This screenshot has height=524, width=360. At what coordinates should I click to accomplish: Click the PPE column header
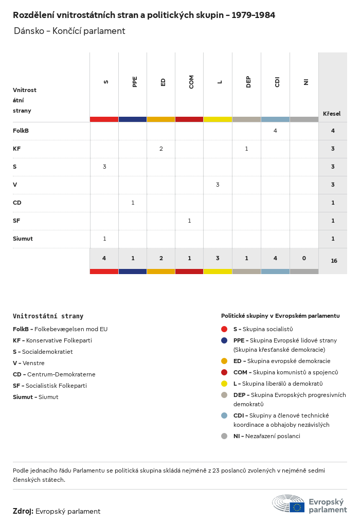[x=135, y=82]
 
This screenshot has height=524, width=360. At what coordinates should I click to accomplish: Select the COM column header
[x=191, y=82]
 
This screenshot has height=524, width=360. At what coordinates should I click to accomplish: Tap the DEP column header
[x=248, y=82]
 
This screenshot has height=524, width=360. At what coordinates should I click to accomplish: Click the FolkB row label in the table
[x=21, y=131]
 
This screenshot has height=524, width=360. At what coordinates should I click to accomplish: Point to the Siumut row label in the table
[x=23, y=239]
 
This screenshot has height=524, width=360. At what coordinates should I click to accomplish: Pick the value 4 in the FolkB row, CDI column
[x=275, y=131]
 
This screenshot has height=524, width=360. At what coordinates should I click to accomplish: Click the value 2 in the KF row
[x=161, y=149]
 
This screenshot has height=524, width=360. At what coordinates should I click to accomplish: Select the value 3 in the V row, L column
[x=218, y=185]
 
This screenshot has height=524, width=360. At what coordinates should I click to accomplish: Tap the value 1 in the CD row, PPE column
[x=133, y=203]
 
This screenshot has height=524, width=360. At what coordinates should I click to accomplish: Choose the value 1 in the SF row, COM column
[x=189, y=221]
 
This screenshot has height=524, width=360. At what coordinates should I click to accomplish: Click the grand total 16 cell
[x=334, y=261]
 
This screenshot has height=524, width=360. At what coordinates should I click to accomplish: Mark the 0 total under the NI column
[x=304, y=258]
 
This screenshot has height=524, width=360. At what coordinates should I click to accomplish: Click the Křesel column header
[x=332, y=114]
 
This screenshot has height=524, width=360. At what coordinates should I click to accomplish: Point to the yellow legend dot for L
[x=224, y=383]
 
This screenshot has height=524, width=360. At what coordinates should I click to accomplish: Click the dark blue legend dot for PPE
[x=224, y=340]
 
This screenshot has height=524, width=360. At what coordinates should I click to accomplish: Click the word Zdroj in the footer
[x=23, y=511]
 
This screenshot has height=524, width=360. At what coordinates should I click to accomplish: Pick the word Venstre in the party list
[x=33, y=363]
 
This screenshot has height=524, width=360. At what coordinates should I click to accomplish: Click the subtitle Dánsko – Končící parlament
[x=69, y=31]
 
